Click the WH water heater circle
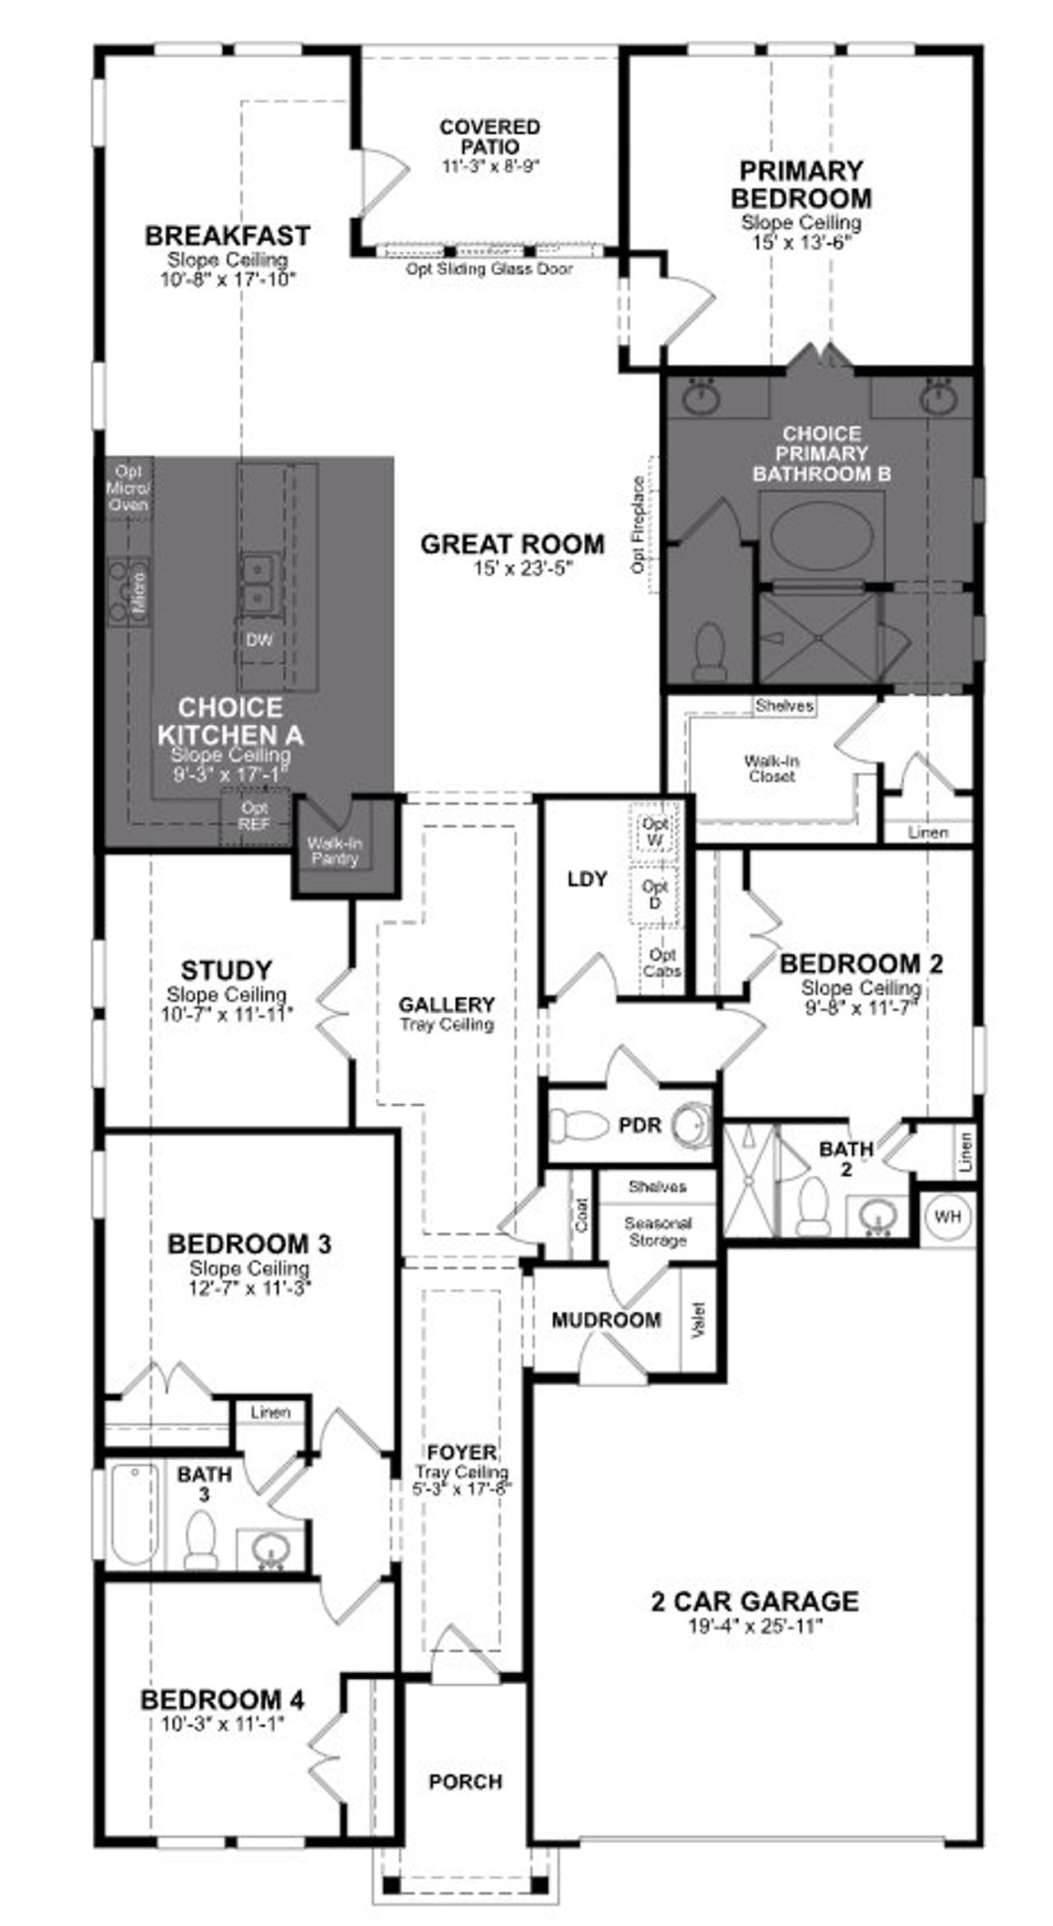[x=948, y=1217]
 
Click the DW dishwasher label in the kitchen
[x=259, y=640]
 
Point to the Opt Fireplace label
[x=638, y=524]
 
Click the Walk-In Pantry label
[x=335, y=851]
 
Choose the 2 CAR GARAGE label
[x=754, y=1601]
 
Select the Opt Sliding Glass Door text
[x=489, y=269]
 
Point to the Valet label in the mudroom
[x=699, y=1319]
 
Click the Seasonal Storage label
[x=657, y=1231]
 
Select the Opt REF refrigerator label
[x=254, y=816]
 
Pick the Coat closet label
[x=582, y=1215]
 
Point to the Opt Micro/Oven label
[x=129, y=487]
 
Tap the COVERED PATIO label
[x=489, y=137]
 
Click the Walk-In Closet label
[x=772, y=768]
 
